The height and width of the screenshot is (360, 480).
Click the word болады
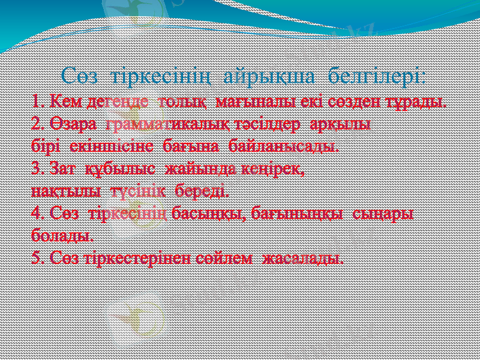tap(62, 235)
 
